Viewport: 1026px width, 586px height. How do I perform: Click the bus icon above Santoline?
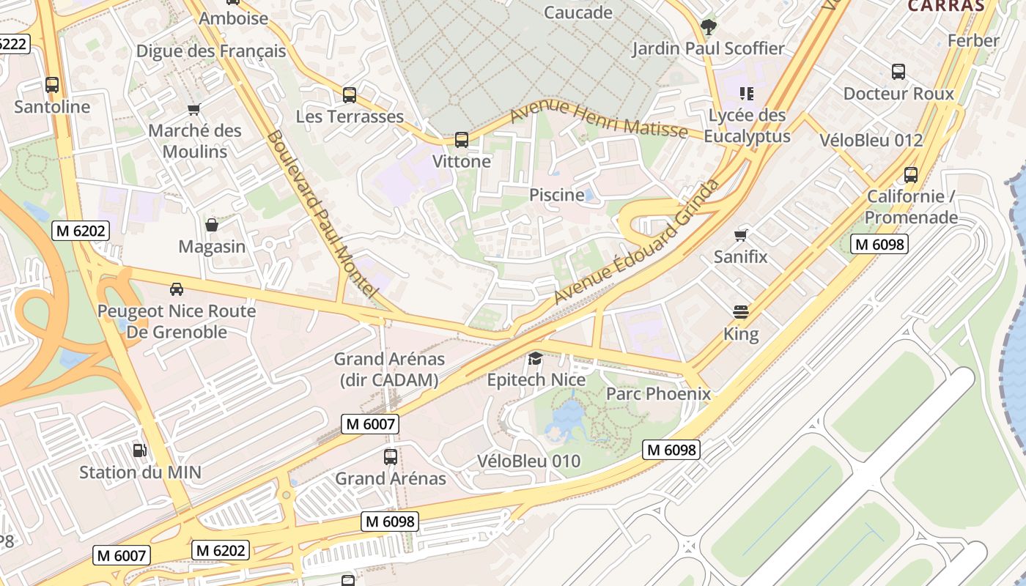point(51,85)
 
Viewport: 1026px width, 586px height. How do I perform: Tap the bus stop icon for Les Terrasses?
point(350,94)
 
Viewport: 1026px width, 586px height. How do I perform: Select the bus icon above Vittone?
point(461,139)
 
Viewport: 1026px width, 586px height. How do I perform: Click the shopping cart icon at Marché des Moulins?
point(194,110)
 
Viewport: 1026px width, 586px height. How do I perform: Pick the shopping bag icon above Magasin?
point(211,225)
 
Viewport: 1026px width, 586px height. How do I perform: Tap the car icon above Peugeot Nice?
point(177,289)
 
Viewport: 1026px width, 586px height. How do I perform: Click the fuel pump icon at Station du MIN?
point(139,450)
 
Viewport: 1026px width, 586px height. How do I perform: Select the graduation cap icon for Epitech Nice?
point(536,358)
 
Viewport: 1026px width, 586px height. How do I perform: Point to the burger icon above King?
point(741,312)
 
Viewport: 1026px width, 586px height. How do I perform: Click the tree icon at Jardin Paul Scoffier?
point(708,27)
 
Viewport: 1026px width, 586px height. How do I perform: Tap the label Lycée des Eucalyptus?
point(747,126)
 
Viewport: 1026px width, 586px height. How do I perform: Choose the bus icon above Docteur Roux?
point(898,72)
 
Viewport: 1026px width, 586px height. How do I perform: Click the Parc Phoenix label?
point(658,394)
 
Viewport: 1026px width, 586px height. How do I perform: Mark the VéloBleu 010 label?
point(528,461)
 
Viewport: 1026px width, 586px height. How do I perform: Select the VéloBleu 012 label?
point(871,140)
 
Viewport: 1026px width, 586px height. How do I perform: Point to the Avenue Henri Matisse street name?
point(598,119)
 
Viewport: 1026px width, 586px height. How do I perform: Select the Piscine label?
point(557,196)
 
